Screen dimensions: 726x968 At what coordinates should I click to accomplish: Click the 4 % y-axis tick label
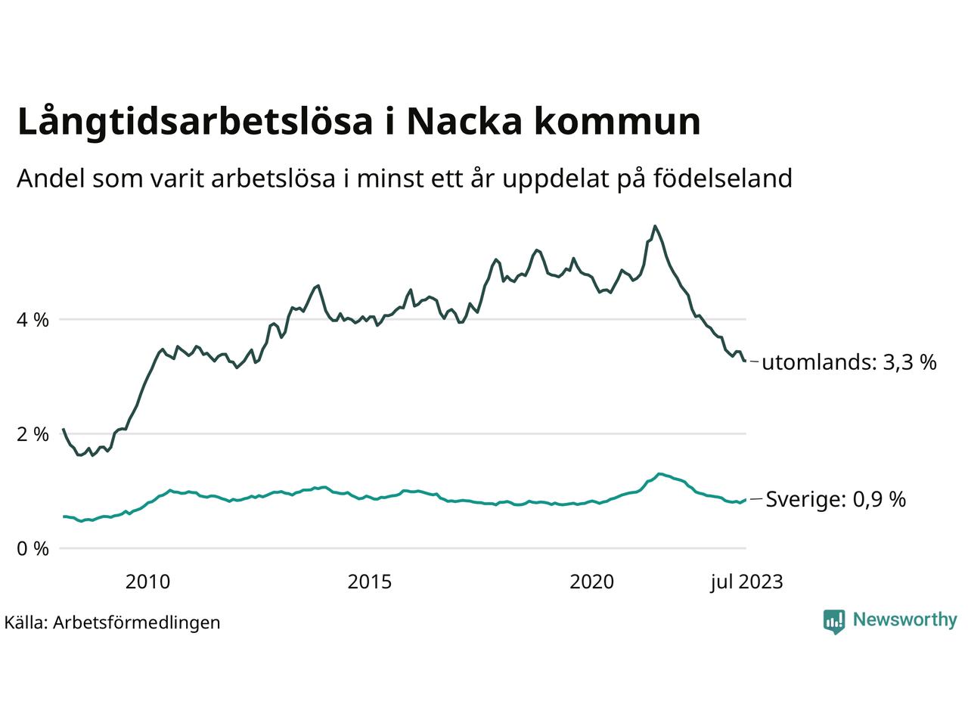point(33,320)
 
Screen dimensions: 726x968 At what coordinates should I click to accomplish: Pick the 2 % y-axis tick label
point(33,434)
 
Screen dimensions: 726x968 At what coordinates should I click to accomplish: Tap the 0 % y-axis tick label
point(33,548)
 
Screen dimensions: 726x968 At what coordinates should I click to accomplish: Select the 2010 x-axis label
point(147,582)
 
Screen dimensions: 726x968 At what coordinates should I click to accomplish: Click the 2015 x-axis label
point(370,582)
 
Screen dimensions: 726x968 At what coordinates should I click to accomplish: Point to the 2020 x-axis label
point(592,582)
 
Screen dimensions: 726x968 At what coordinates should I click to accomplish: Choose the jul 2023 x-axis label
point(746,582)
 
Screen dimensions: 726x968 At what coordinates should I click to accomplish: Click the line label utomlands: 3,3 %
point(849,362)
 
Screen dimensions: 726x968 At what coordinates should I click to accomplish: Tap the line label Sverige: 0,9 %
point(836,499)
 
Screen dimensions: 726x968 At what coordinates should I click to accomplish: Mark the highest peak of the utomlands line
point(655,226)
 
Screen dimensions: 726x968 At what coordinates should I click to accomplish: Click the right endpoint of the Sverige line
point(746,499)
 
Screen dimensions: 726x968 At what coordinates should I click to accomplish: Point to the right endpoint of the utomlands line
point(746,361)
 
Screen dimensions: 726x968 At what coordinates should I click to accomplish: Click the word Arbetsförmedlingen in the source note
point(137,622)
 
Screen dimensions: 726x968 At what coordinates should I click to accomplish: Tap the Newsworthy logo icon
point(833,621)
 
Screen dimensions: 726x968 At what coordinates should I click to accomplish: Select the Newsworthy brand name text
point(904,620)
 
